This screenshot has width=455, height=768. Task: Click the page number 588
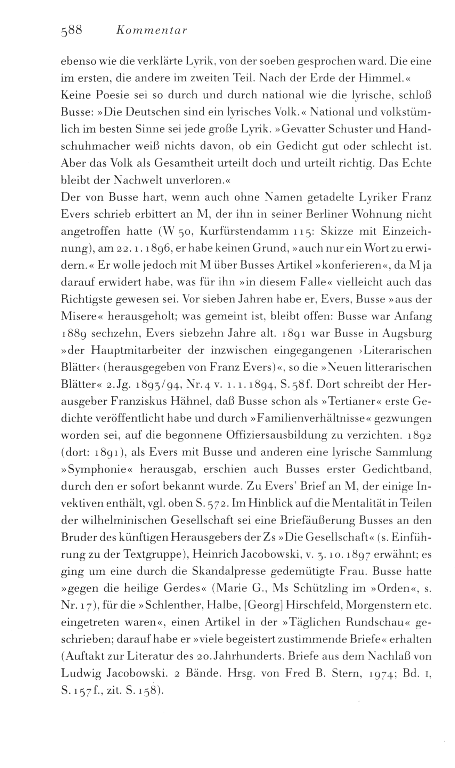pos(71,31)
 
